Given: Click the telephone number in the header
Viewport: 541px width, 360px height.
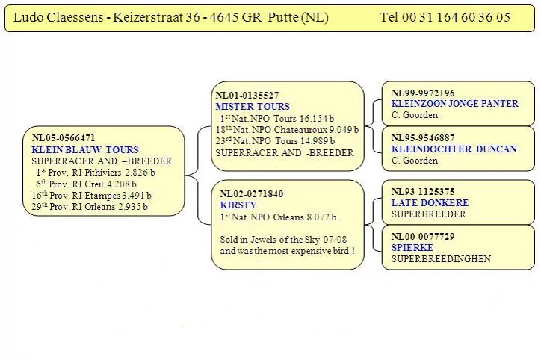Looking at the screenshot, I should coord(445,17).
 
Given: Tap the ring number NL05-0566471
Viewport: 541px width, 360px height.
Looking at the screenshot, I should coord(64,138).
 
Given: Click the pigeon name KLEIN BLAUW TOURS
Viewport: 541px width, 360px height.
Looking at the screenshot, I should coord(85,149).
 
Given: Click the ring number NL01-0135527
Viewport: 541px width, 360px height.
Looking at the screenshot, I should coord(247,96).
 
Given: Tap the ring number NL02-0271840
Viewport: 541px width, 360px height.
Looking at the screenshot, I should coord(252,194).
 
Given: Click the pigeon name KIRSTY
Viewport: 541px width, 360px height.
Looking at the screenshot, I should coord(238,205).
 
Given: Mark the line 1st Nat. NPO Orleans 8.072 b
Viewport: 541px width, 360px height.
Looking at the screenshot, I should coord(278,217).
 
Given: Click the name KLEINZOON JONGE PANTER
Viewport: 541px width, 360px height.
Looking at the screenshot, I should coord(454,104).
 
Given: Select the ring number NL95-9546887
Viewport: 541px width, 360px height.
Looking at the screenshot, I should coord(423,138).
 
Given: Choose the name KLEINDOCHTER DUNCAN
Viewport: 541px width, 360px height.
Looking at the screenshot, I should coord(454,149).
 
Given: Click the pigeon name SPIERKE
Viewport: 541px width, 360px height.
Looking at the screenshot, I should coord(412,247).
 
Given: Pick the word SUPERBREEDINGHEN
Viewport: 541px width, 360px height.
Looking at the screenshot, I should coord(441,259).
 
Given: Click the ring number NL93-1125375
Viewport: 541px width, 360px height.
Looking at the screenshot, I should coord(423,192).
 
